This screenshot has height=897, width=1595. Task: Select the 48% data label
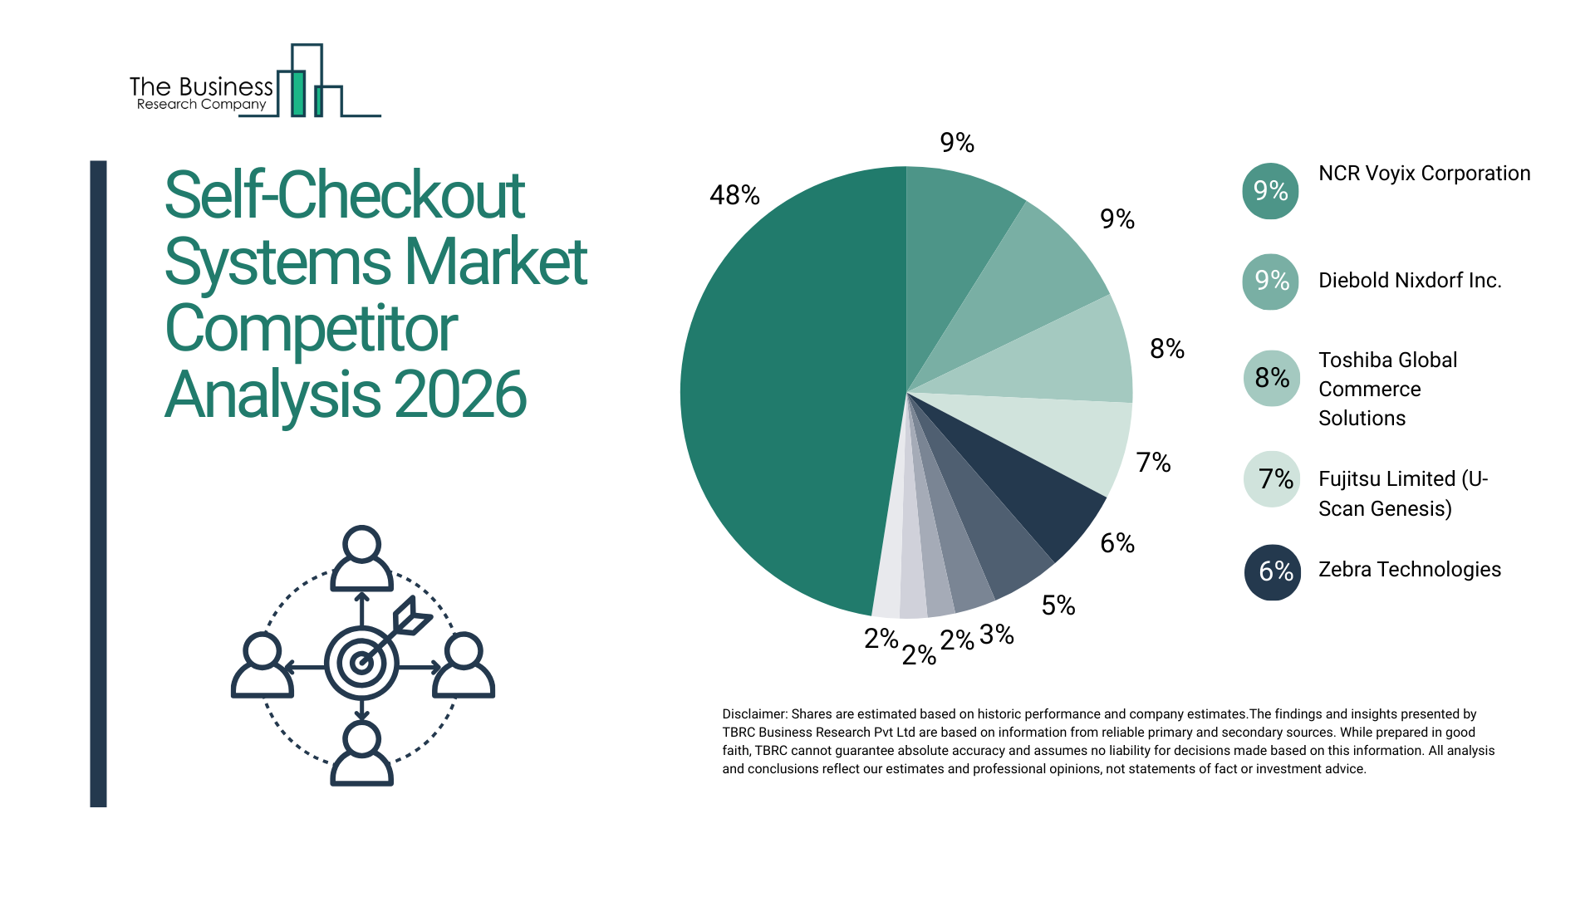click(x=734, y=195)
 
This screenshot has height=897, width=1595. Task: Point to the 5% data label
click(x=1058, y=605)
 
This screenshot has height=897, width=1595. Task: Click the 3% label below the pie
click(x=996, y=635)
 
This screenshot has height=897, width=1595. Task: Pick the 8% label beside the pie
click(x=1166, y=349)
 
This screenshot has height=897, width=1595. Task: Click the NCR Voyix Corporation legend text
click(x=1424, y=174)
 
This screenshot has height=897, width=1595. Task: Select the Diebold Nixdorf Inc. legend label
click(x=1410, y=281)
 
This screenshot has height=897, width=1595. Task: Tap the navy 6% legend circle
click(x=1272, y=571)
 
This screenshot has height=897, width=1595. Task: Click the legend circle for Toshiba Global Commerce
click(x=1272, y=379)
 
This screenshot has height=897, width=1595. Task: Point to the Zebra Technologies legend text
click(x=1409, y=570)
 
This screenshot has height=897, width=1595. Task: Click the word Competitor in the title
click(x=311, y=329)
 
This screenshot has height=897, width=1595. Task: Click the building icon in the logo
click(x=307, y=83)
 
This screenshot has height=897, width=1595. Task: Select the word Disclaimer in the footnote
click(x=753, y=714)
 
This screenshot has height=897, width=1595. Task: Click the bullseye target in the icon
click(x=361, y=663)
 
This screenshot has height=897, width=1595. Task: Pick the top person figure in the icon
click(x=361, y=558)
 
